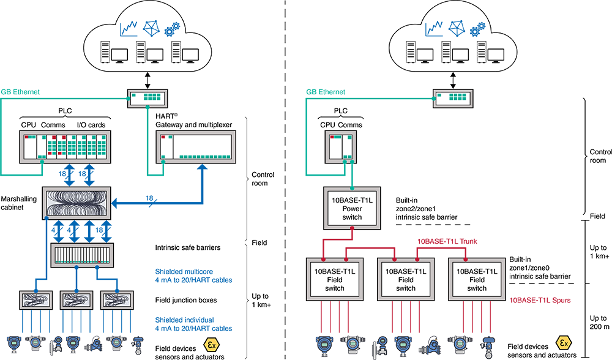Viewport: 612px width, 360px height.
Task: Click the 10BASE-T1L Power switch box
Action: pyautogui.click(x=353, y=209)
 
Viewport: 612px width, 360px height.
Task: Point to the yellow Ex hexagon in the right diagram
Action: pyautogui.click(x=562, y=344)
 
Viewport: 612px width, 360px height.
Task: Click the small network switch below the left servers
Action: pyautogui.click(x=147, y=98)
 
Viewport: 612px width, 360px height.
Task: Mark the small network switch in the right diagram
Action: pyautogui.click(x=453, y=98)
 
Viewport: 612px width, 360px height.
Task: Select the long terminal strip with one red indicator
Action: pyautogui.click(x=81, y=255)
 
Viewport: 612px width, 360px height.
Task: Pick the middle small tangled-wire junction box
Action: pyautogui.click(x=78, y=300)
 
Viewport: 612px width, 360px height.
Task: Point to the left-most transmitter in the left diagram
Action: pyautogui.click(x=14, y=343)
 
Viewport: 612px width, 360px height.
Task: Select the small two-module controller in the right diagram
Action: pyautogui.click(x=340, y=147)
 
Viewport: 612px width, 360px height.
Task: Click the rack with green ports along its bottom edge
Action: pyautogui.click(x=196, y=148)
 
